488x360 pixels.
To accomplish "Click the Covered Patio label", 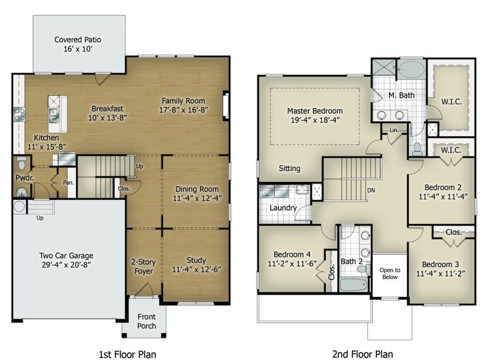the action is coord(77,40).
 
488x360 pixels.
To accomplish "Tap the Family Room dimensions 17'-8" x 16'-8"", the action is coord(184,110).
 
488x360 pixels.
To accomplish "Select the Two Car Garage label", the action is coord(66,256).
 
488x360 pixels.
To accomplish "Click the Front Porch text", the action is coord(146,322).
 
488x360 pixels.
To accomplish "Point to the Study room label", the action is coord(196,260).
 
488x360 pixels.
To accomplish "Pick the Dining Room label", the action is coord(197,189).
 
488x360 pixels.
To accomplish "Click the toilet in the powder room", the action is coord(22,163).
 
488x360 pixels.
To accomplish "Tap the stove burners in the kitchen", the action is coord(19,114).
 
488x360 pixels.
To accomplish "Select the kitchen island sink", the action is coord(54,115).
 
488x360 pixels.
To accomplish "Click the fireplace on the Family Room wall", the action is coord(226,106).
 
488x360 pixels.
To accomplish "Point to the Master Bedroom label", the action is coord(315,111).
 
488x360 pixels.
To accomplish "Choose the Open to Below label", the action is coord(390,274).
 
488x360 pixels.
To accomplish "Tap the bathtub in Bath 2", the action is coord(353,284).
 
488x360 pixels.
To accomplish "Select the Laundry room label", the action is coord(283,208).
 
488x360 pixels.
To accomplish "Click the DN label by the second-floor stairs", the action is coord(371,190).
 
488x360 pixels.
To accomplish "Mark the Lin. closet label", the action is coord(394,130).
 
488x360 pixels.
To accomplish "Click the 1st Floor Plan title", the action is coord(127,354).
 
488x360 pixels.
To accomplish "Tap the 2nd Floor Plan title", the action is coord(363,354).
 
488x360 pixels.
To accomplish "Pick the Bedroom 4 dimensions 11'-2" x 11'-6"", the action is coord(292,264).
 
